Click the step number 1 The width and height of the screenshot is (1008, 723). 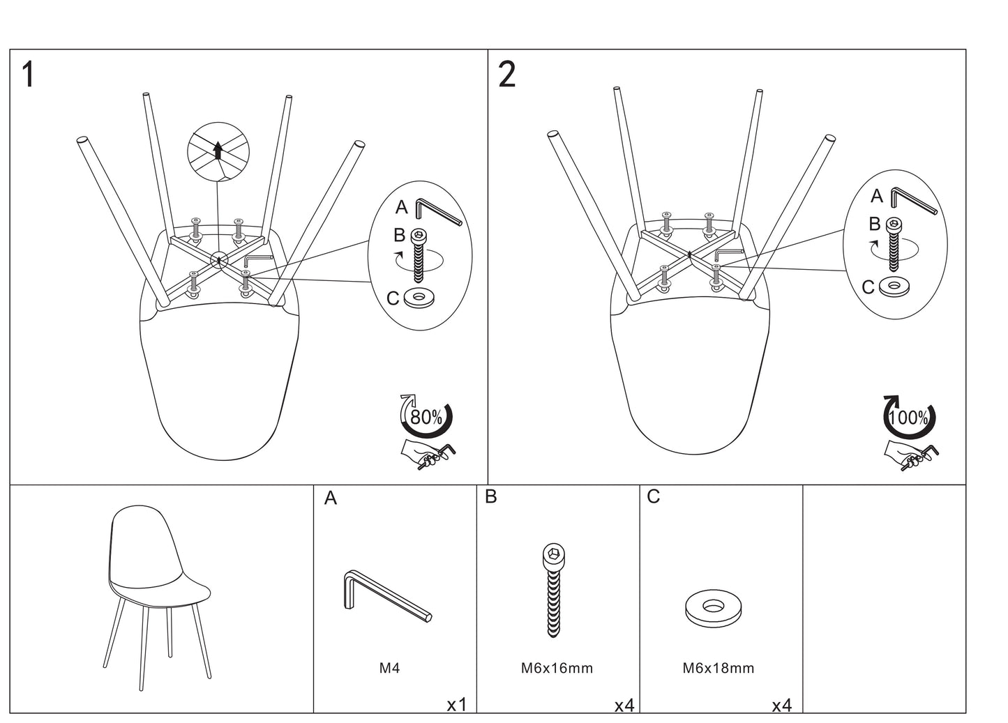point(28,75)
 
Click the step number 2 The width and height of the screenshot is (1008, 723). point(507,75)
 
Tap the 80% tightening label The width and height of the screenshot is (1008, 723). point(426,417)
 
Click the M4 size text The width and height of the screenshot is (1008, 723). point(389,668)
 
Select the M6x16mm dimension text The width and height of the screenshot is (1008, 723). point(557,668)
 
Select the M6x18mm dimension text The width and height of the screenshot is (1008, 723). point(719,668)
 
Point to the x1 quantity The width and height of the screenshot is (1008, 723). point(456,705)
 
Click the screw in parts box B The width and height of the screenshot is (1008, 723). point(552,589)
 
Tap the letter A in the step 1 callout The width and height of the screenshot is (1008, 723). point(401,207)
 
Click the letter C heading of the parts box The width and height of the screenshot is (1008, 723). point(654,497)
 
